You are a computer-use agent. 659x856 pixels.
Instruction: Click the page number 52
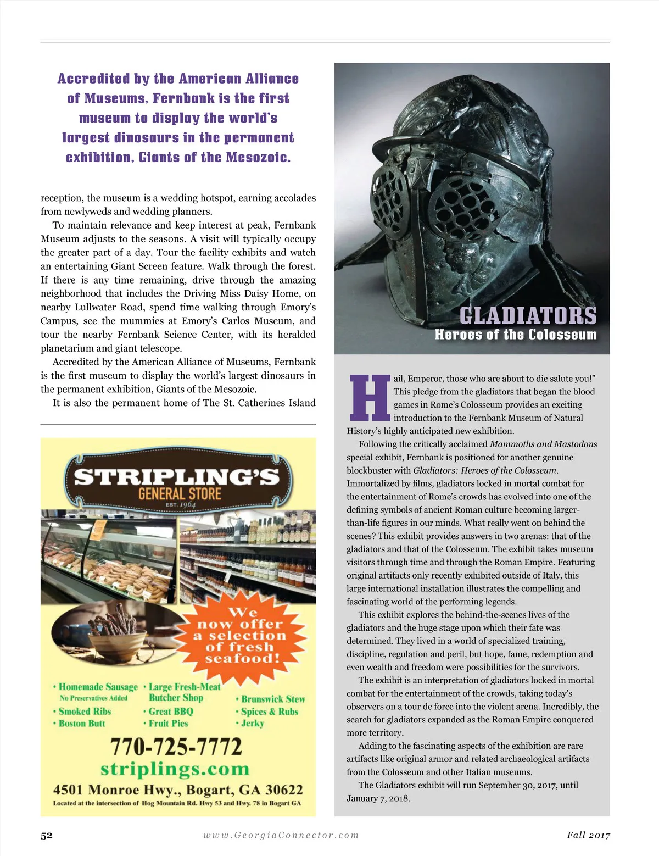pyautogui.click(x=47, y=835)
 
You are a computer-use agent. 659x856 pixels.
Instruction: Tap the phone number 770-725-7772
pyautogui.click(x=176, y=747)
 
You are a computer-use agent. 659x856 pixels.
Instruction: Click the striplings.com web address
pyautogui.click(x=175, y=769)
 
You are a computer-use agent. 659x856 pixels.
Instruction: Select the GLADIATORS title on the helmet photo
pyautogui.click(x=528, y=316)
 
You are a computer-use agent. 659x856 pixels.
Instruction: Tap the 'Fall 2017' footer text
pyautogui.click(x=588, y=835)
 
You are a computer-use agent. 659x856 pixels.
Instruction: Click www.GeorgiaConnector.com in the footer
pyautogui.click(x=281, y=835)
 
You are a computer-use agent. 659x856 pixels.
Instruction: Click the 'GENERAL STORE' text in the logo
pyautogui.click(x=180, y=493)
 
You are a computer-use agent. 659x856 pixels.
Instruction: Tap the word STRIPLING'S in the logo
pyautogui.click(x=177, y=477)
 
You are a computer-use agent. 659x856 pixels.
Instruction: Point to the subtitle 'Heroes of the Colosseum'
pyautogui.click(x=515, y=335)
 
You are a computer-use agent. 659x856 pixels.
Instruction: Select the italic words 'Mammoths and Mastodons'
pyautogui.click(x=543, y=444)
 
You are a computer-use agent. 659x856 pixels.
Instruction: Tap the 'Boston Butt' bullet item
pyautogui.click(x=82, y=723)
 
